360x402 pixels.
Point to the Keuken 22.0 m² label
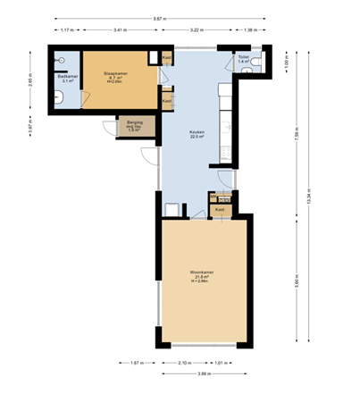coord(197,134)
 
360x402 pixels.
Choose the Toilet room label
coord(243,58)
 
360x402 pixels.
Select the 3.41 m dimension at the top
coord(119,31)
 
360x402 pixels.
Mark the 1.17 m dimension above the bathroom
coord(64,31)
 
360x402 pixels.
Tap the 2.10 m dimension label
coord(184,363)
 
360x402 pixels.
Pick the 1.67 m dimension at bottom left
coord(136,363)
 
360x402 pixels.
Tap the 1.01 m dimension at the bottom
coord(221,363)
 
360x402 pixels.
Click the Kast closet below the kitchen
coord(220,209)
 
